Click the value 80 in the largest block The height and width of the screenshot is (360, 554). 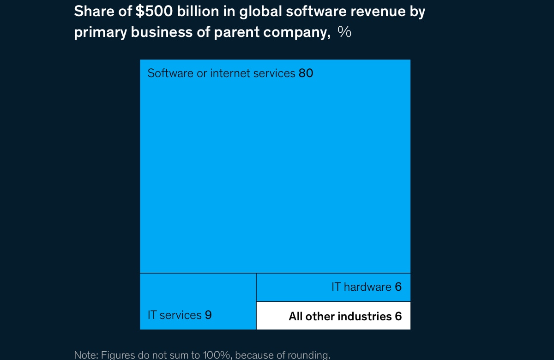coord(306,73)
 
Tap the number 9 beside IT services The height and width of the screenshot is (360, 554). coord(208,315)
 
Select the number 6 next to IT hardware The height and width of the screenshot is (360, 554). coord(398,287)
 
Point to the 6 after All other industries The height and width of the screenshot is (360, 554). coord(398,316)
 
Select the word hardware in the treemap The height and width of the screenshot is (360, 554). coord(367,287)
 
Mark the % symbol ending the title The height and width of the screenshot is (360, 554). coord(344,32)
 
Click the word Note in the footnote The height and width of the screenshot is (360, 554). coord(84,355)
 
